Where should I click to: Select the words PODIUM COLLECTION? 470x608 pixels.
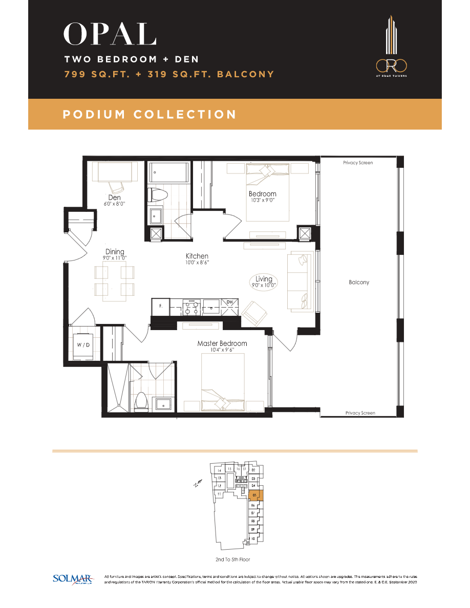[x=149, y=115]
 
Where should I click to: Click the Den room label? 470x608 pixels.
[x=114, y=197]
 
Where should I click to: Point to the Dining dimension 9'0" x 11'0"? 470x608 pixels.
[x=115, y=258]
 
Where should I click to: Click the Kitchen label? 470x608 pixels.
[x=197, y=256]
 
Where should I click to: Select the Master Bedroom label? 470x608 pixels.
[x=222, y=343]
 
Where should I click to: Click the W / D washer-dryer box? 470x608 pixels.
[x=83, y=344]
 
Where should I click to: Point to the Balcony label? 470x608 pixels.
[x=359, y=282]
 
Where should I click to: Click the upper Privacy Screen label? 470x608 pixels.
[x=358, y=163]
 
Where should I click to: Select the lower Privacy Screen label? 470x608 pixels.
[x=360, y=412]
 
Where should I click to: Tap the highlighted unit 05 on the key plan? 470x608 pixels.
[x=255, y=495]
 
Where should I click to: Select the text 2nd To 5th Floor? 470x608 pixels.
[x=233, y=559]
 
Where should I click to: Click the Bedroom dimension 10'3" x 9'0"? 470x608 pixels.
[x=262, y=200]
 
